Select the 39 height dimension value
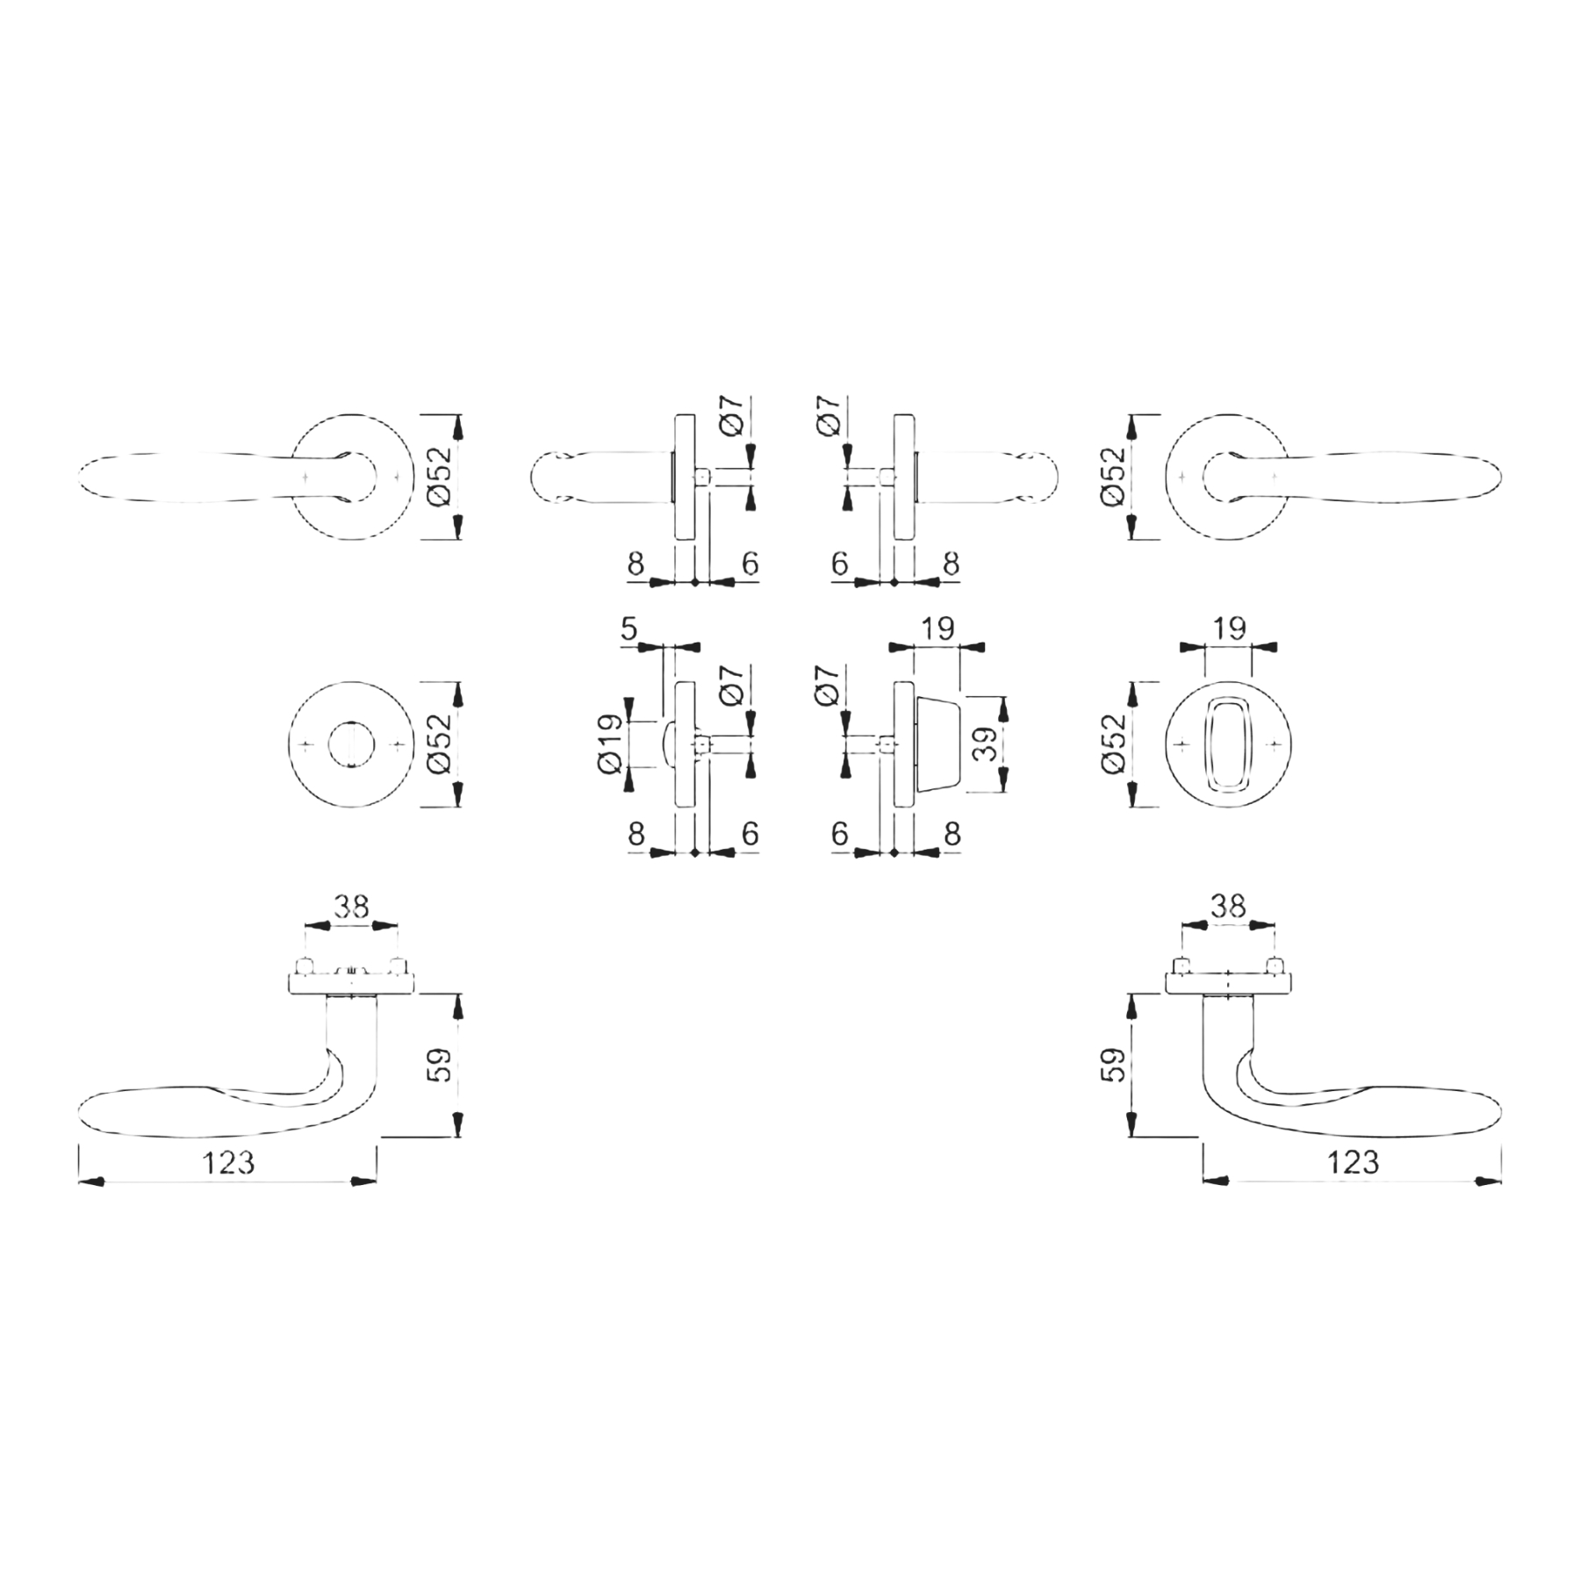[x=987, y=743]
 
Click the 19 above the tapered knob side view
[x=937, y=628]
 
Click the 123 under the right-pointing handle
[x=1353, y=1163]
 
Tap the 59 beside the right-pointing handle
[x=1112, y=1064]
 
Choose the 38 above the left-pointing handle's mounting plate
[x=351, y=906]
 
